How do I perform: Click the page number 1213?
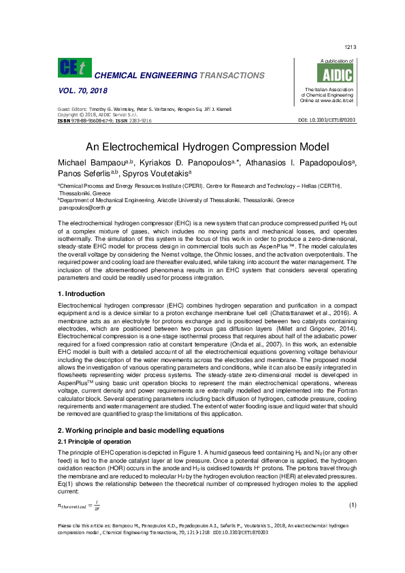pyautogui.click(x=351, y=47)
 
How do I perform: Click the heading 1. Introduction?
pyautogui.click(x=86, y=292)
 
